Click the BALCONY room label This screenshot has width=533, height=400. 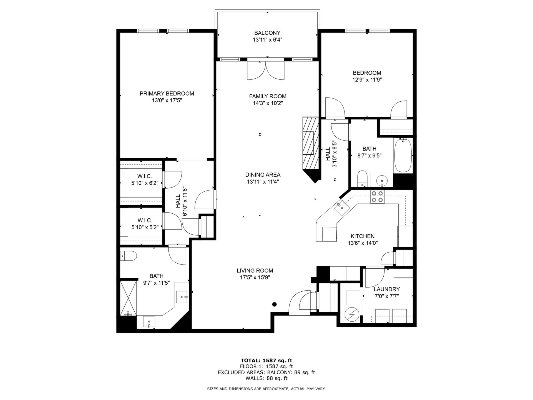coord(267,33)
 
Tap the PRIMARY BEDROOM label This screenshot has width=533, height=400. coord(167,94)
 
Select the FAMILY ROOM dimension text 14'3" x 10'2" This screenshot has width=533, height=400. coord(268,103)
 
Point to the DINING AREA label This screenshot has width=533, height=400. coord(263,175)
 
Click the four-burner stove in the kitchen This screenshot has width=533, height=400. coord(377,197)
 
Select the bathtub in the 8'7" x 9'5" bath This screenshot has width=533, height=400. coord(403,155)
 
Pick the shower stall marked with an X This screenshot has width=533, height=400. coord(129,298)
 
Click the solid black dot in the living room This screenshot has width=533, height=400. coord(275,304)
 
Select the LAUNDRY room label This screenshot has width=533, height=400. coord(387,289)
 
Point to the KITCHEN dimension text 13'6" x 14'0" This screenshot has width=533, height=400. coord(363,243)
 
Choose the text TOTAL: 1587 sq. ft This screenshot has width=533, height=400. coord(266,361)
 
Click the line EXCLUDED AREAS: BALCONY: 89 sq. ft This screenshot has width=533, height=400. coord(266,372)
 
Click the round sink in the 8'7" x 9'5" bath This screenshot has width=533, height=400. coord(382,181)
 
